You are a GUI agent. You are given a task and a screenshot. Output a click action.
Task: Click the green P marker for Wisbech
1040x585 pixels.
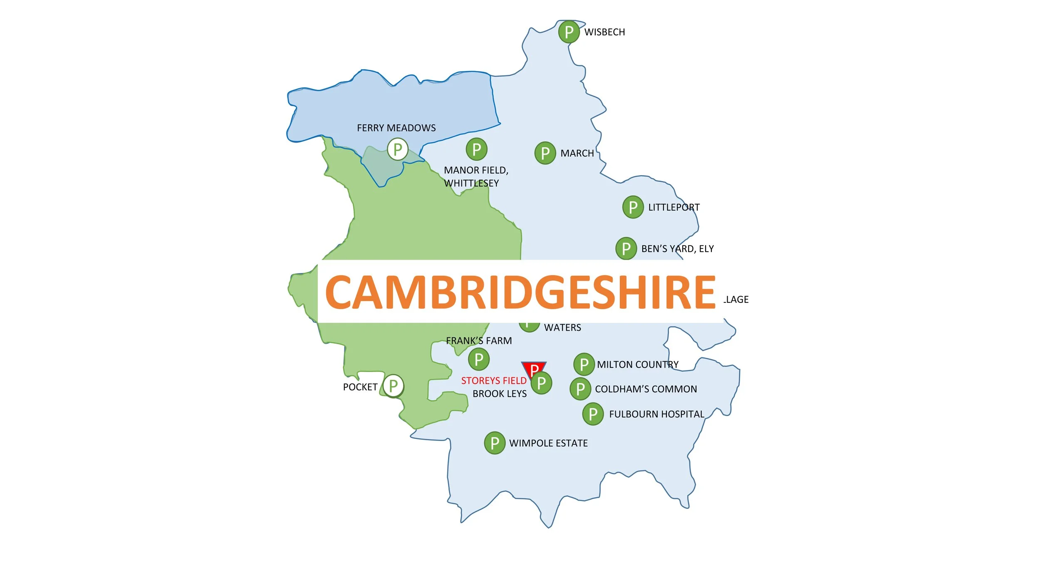[569, 32]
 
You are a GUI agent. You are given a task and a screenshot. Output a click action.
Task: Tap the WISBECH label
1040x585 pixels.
[604, 32]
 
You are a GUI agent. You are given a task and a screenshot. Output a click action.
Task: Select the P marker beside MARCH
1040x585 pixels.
[545, 153]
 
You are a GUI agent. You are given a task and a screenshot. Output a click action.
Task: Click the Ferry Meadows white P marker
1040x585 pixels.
[397, 149]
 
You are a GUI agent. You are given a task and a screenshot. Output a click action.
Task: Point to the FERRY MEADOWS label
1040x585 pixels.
[396, 128]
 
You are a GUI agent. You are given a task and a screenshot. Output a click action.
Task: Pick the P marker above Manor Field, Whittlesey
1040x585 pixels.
[476, 149]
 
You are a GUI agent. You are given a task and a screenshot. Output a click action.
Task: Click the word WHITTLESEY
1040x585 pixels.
[471, 183]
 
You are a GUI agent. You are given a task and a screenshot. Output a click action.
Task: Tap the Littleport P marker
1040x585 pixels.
[633, 207]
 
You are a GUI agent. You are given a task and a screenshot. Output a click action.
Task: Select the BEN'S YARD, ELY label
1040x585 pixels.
[677, 249]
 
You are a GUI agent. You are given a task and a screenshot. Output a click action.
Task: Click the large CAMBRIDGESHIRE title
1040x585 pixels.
[520, 292]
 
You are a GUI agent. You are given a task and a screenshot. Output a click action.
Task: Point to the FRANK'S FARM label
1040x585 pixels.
[479, 341]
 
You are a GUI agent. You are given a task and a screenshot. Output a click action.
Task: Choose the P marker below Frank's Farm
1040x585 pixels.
[478, 359]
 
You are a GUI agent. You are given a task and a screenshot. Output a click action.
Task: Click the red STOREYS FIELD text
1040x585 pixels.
[493, 381]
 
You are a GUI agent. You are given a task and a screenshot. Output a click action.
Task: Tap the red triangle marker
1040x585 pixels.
[533, 367]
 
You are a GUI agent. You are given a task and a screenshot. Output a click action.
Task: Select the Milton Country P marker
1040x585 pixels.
[584, 364]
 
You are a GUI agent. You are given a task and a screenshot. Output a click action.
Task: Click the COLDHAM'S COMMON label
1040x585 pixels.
[646, 389]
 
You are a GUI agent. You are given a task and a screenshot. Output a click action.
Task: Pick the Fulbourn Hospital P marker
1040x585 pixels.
[593, 414]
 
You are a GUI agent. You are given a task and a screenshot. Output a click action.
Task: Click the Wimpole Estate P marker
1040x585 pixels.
[495, 443]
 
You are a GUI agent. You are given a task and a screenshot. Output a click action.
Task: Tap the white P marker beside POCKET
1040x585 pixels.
[393, 386]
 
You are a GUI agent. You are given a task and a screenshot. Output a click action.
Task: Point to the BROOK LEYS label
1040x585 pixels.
[499, 394]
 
